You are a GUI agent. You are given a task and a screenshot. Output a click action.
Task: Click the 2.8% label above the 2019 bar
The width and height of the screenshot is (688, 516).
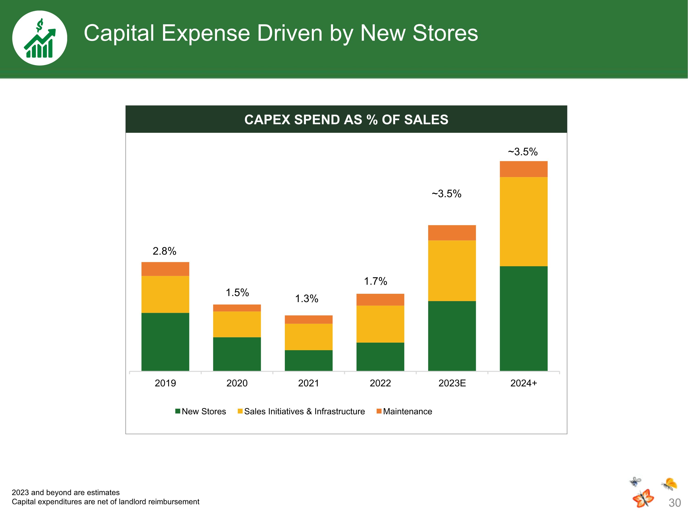click(164, 251)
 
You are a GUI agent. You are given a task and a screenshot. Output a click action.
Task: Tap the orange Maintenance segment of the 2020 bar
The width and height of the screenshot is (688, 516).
click(237, 308)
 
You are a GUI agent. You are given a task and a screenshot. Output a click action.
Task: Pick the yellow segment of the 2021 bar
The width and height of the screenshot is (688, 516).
click(308, 337)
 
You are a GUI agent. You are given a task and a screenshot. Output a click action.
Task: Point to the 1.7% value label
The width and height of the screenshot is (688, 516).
click(375, 281)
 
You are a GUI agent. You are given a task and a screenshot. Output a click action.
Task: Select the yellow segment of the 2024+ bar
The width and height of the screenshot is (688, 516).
click(524, 222)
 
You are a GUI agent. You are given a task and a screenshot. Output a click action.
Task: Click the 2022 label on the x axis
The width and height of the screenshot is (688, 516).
click(380, 383)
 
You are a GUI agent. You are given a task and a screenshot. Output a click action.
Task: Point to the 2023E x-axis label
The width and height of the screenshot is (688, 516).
click(452, 383)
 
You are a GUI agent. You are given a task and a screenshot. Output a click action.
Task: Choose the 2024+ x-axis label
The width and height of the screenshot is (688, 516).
click(524, 383)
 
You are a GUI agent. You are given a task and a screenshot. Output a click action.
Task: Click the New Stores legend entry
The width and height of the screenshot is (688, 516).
click(201, 411)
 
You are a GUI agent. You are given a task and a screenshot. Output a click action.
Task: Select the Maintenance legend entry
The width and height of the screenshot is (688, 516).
click(404, 411)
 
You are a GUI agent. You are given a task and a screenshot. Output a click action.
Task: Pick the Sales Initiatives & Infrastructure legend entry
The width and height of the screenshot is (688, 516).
click(301, 411)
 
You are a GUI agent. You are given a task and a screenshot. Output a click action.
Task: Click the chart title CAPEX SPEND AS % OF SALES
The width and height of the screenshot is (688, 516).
click(346, 120)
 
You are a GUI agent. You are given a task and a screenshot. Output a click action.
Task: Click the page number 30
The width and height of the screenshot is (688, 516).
click(675, 503)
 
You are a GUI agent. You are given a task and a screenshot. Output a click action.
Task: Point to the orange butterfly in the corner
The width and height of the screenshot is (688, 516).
click(643, 498)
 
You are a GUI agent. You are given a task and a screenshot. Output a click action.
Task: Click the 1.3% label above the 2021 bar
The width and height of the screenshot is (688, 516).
click(306, 299)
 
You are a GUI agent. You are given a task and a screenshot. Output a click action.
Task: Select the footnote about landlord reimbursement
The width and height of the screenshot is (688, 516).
click(105, 502)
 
